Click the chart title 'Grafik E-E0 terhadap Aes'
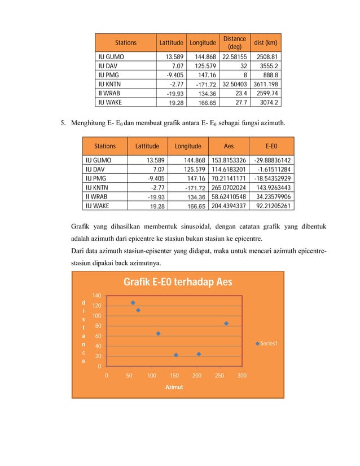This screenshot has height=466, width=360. click(x=178, y=282)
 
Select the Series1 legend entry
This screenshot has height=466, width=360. click(x=269, y=343)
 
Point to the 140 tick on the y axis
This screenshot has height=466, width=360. click(x=96, y=296)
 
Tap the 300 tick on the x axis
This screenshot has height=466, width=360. click(x=242, y=375)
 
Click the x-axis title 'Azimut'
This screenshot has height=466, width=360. click(x=174, y=388)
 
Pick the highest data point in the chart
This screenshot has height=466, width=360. click(x=133, y=303)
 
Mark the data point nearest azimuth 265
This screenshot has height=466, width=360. click(x=226, y=323)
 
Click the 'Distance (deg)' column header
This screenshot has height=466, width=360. click(x=235, y=42)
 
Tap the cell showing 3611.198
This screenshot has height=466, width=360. click(x=266, y=84)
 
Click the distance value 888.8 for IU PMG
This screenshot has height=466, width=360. click(x=270, y=75)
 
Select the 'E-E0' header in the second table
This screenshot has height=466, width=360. click(x=274, y=145)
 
